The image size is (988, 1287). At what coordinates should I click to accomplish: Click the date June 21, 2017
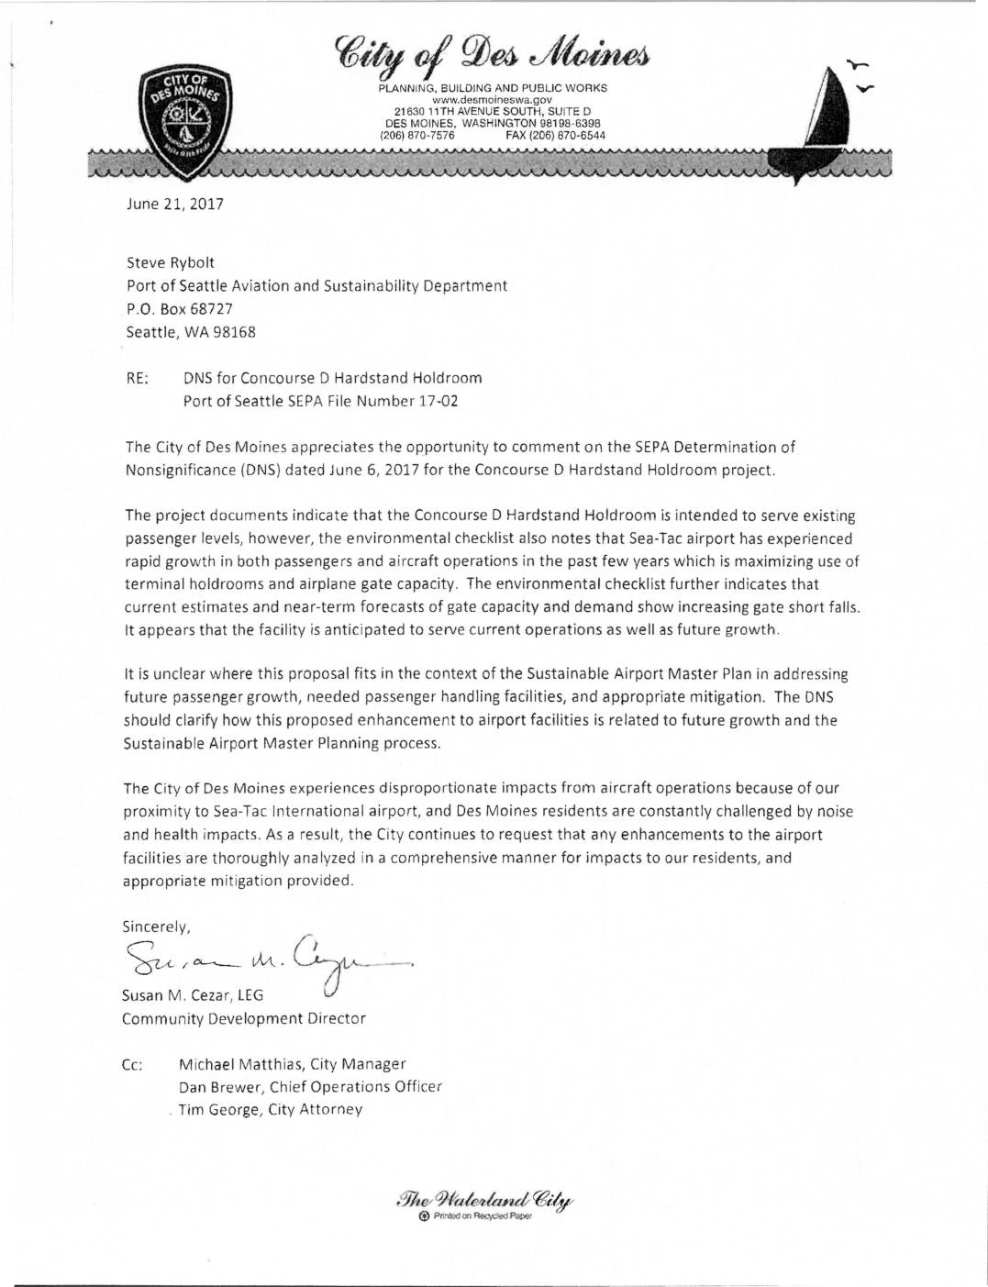click(x=174, y=204)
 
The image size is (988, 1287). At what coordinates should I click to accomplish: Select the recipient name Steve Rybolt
click(x=171, y=262)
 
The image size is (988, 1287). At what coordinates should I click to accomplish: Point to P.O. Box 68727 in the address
click(x=179, y=309)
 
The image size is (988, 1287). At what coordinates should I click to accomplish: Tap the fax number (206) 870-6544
click(x=555, y=135)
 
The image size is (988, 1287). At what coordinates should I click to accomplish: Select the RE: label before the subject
click(x=137, y=378)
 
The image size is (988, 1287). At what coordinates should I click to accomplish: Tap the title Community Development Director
click(x=244, y=1018)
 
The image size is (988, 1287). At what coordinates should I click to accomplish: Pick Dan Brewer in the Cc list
click(x=220, y=1087)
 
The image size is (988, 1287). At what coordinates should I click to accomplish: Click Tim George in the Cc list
click(x=218, y=1110)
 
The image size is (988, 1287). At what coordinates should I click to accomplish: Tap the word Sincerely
click(x=156, y=926)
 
